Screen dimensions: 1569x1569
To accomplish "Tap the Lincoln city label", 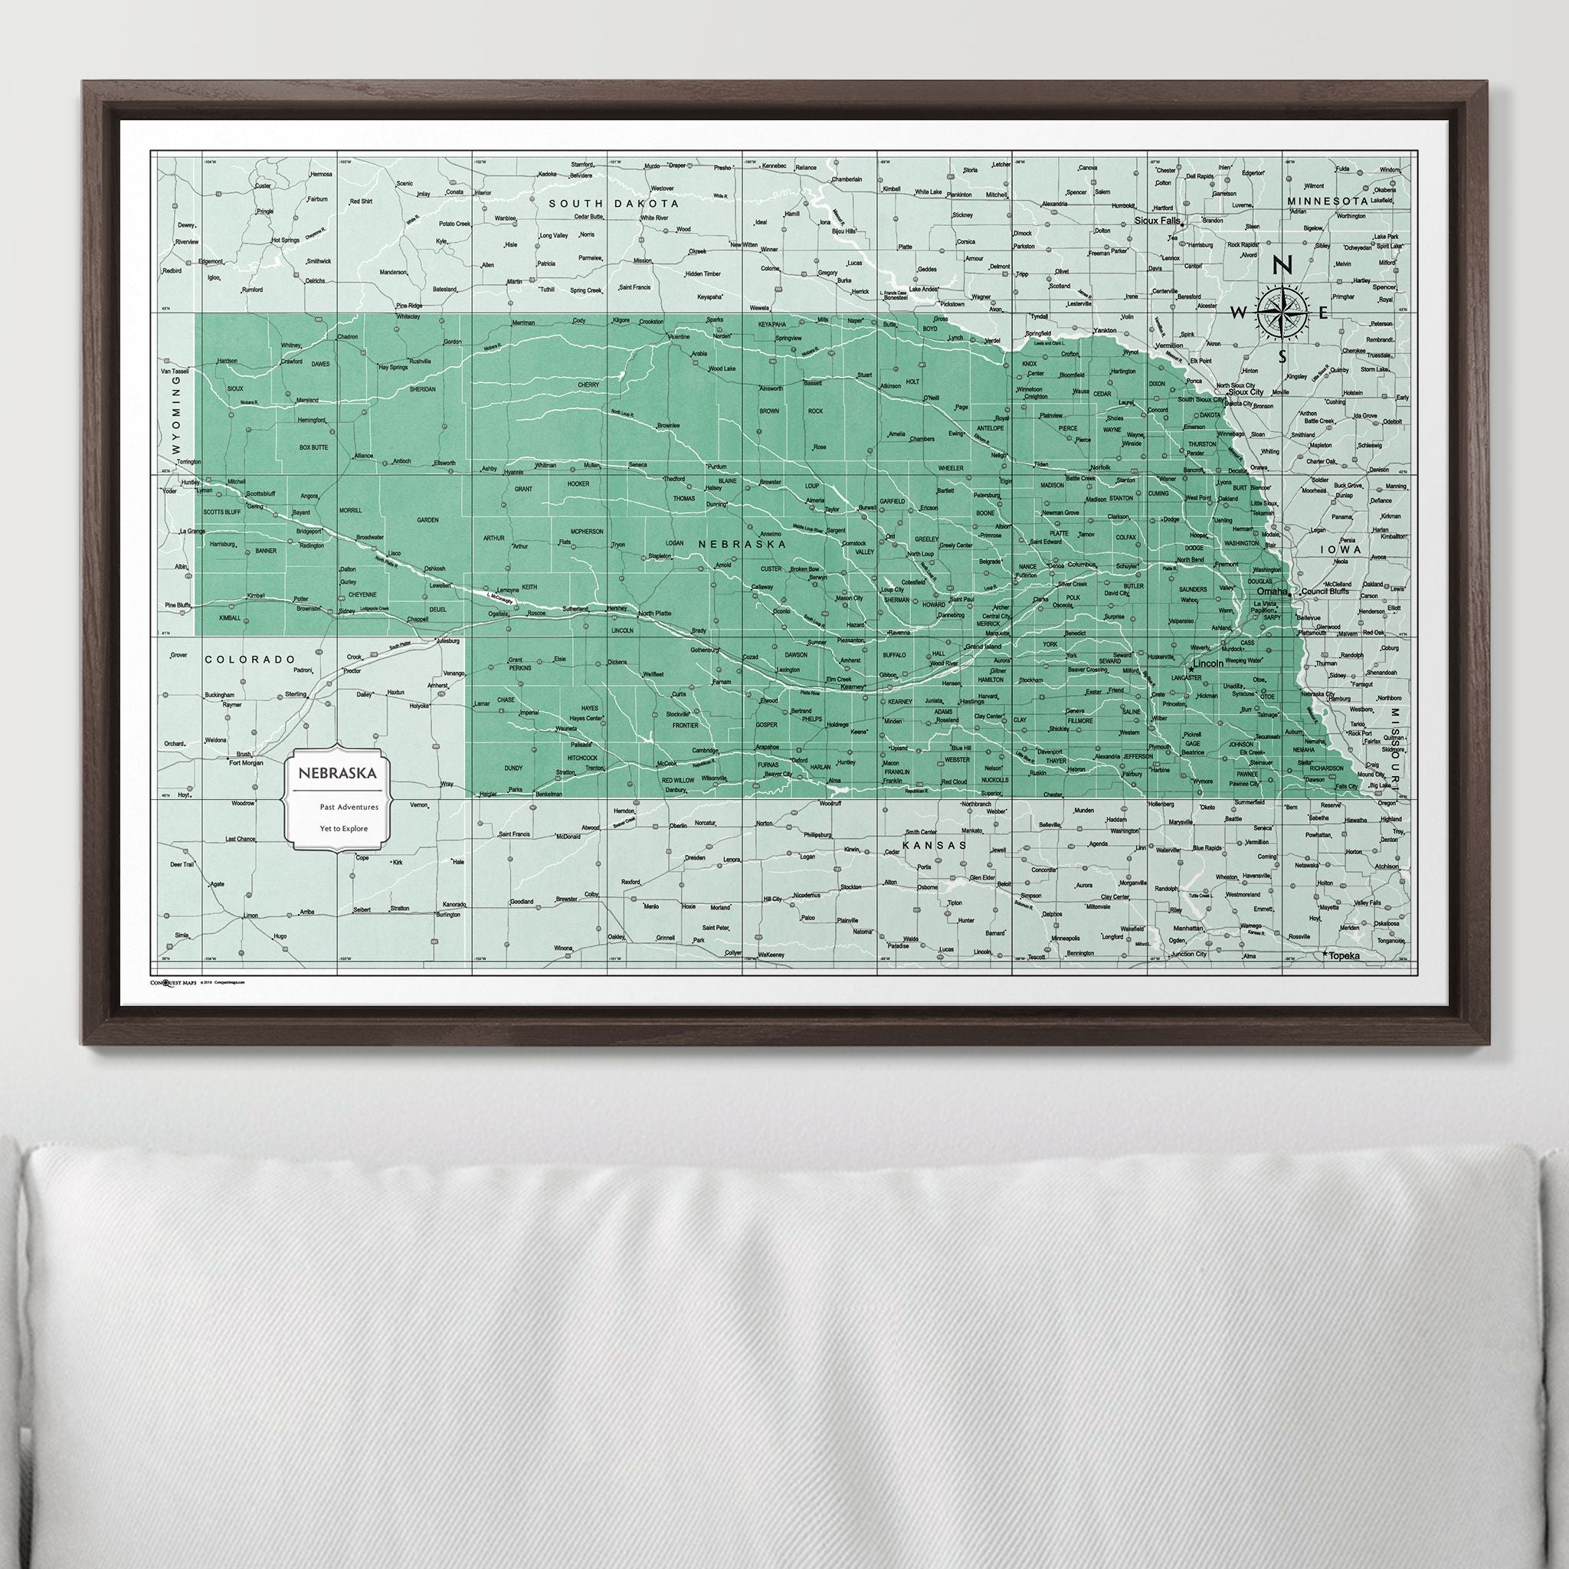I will [x=1207, y=663].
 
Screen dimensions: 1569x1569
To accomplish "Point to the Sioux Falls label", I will [x=1158, y=220].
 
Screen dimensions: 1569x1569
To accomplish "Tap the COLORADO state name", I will [x=248, y=660].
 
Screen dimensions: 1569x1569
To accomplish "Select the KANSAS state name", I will [x=935, y=846].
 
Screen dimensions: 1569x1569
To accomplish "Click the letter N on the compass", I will [x=1282, y=266].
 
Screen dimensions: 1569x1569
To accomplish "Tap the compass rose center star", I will [x=1282, y=313].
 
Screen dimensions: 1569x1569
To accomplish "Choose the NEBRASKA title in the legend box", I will [x=336, y=774].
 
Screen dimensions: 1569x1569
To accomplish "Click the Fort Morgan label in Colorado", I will [x=247, y=762].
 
